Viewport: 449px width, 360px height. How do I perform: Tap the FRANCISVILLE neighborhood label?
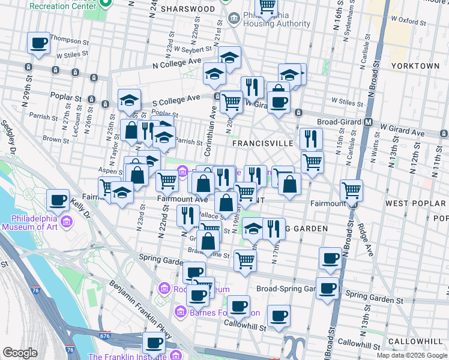[262, 143]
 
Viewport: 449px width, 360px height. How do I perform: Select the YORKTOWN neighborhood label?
[415, 65]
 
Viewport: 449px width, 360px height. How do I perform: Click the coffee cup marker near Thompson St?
[38, 43]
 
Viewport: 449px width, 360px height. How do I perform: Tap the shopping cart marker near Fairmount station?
[351, 191]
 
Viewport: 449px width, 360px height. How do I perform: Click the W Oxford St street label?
[405, 22]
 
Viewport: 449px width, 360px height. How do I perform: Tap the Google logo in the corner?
[20, 353]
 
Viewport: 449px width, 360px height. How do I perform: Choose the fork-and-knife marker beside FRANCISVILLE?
[310, 139]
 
